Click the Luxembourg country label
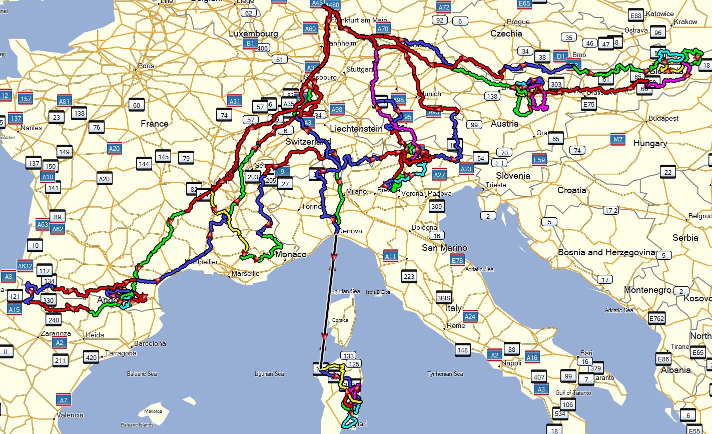253,34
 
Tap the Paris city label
146,66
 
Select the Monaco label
291,254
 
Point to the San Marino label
444,248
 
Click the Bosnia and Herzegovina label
606,252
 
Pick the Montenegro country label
647,290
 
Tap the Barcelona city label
150,344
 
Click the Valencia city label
70,415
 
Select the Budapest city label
663,119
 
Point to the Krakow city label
685,22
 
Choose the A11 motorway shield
390,257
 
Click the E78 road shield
457,260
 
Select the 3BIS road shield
444,297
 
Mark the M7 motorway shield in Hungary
618,140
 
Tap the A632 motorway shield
25,266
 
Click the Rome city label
456,325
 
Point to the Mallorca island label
153,411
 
